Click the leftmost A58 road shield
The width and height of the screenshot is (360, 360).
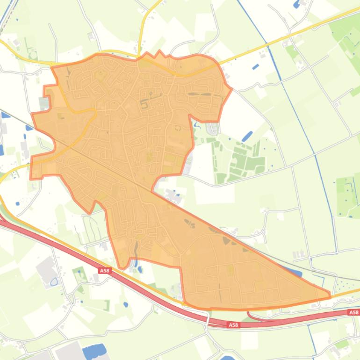click(104, 270)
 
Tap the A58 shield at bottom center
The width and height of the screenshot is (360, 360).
click(234, 324)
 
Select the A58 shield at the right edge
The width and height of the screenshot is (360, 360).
click(354, 312)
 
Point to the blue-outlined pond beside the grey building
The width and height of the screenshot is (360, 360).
click(54, 282)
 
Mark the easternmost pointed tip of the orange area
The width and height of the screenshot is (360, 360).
click(330, 295)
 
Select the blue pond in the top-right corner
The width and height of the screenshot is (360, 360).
click(296, 5)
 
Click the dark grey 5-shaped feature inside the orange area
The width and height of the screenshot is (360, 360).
click(144, 103)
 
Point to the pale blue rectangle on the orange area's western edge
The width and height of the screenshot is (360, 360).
click(44, 103)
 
